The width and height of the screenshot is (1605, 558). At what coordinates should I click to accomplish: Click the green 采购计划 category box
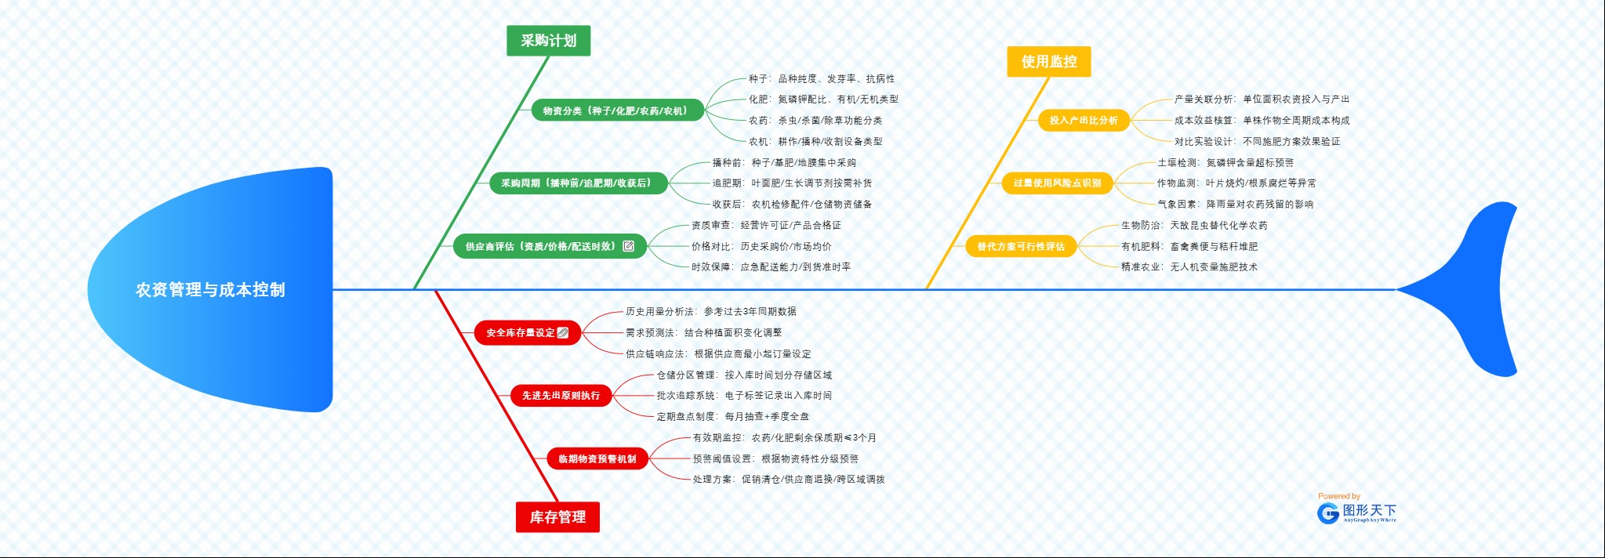coord(548,41)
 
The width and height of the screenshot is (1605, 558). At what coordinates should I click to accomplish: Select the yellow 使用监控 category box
coord(1048,62)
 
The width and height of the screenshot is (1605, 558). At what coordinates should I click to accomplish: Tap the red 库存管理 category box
coord(557,517)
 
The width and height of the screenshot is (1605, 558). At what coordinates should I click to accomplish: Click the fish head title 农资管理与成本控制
coord(210,290)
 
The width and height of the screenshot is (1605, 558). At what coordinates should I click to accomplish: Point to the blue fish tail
coord(1474,290)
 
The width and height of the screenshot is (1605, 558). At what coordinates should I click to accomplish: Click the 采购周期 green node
coord(576,183)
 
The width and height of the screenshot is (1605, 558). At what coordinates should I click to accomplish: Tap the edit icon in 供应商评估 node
coord(628,246)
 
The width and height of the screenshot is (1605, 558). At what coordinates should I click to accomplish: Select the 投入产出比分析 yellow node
coord(1083,121)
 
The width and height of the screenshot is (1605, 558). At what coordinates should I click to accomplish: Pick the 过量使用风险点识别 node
coord(1057,183)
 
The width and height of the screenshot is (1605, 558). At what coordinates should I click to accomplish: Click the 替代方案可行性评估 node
coord(1021,247)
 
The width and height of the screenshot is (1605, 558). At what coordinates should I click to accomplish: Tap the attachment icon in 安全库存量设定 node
coord(562,333)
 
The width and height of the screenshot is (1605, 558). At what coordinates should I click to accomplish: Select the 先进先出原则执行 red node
coord(561,396)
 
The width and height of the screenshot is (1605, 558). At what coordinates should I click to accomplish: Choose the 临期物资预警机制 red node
coord(597,459)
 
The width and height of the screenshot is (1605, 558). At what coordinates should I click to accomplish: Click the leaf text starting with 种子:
coord(821,79)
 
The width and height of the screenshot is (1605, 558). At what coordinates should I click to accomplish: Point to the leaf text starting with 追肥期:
coord(792,183)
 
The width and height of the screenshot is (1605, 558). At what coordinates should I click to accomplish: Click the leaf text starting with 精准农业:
coord(1189,267)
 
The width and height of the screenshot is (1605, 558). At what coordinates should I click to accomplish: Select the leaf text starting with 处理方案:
coord(788,480)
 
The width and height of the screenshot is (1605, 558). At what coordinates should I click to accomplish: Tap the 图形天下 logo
coord(1357,513)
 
